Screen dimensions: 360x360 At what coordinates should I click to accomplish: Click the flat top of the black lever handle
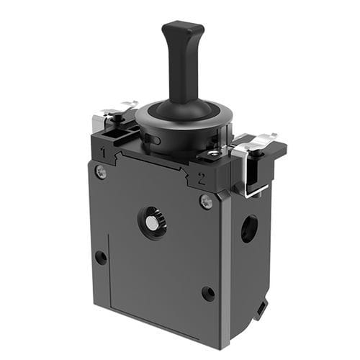pyautogui.click(x=182, y=29)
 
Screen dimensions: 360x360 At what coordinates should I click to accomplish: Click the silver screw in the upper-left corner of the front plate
pyautogui.click(x=101, y=171)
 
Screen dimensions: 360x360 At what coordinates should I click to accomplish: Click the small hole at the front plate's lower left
pyautogui.click(x=101, y=257)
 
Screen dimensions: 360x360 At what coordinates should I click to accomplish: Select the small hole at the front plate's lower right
pyautogui.click(x=208, y=293)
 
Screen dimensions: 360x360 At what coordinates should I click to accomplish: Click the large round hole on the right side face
pyautogui.click(x=249, y=229)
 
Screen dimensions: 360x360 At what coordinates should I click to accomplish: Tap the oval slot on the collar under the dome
pyautogui.click(x=155, y=138)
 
